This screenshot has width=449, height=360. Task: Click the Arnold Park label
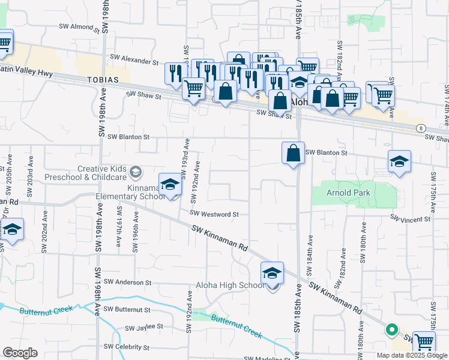coord(348,193)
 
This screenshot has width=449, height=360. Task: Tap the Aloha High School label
coord(229,285)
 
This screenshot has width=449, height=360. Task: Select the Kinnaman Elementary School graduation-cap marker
coord(170,185)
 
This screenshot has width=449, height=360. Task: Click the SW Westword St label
coord(215,214)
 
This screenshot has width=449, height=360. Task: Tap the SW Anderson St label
coord(127,282)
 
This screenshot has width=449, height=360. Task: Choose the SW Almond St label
coord(79,27)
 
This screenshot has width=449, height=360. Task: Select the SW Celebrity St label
coord(126,347)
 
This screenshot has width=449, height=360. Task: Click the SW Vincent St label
coord(411,220)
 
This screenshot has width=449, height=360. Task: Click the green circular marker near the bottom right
coord(391,329)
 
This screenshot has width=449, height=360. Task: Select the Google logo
coord(20,353)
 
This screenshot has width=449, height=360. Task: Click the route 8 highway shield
coord(422,128)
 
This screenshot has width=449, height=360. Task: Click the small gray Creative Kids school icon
coord(136,173)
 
